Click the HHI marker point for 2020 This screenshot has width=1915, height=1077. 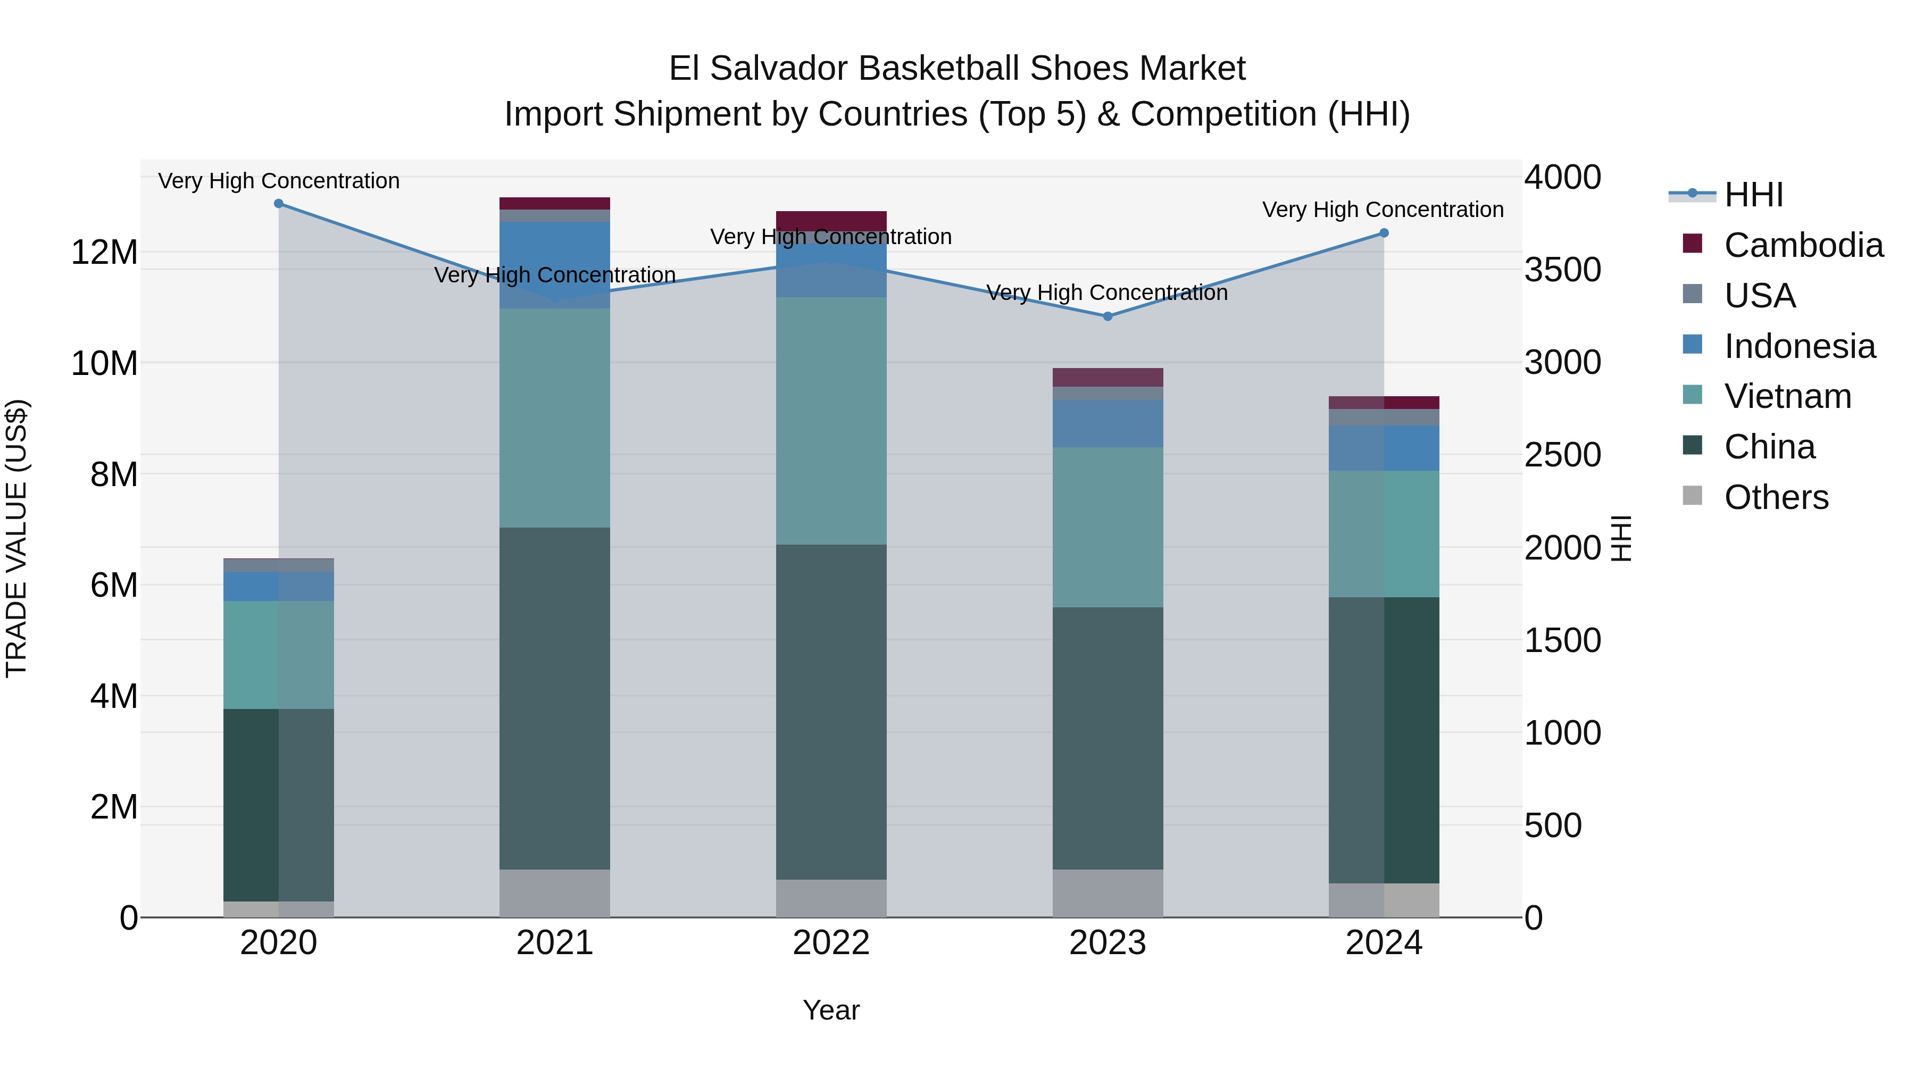coord(279,204)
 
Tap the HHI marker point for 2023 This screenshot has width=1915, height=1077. coord(1108,316)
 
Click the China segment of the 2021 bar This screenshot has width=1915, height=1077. coord(555,699)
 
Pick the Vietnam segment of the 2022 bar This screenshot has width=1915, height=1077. coord(831,421)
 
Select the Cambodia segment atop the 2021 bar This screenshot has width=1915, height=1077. coord(555,204)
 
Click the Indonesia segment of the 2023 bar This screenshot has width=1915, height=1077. coord(1108,424)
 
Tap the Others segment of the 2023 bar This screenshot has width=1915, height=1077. coord(1108,894)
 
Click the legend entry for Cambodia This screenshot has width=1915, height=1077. coord(1803,245)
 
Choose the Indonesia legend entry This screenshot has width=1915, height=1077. coord(1799,346)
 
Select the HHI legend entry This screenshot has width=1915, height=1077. coord(1753,195)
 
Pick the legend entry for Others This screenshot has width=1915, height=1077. coord(1775,497)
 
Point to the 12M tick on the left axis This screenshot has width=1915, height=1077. coord(104,253)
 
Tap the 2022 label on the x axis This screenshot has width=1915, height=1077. coord(831,943)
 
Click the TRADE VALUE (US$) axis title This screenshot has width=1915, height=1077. coord(16,538)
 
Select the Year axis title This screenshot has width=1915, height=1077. coord(831,1010)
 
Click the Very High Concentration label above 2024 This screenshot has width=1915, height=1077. coord(1383,210)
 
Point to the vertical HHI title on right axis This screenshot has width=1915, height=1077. coord(1621,538)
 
